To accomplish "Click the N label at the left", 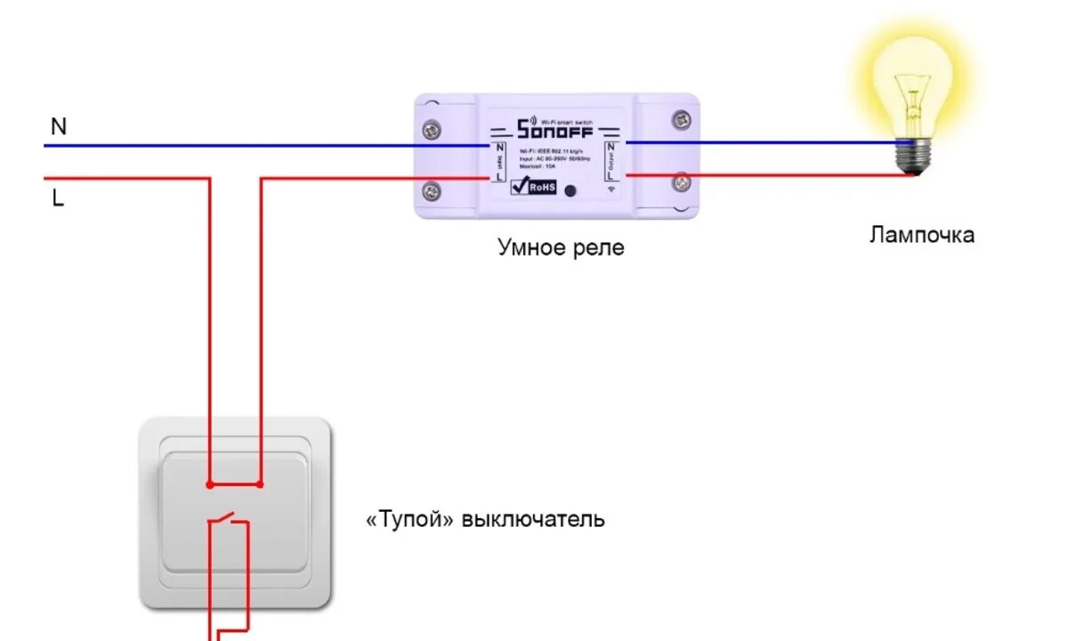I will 59,127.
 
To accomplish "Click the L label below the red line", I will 58,199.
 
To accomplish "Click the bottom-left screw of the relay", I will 433,190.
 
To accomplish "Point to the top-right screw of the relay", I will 682,118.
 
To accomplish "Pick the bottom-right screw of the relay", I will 682,183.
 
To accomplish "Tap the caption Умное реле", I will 561,247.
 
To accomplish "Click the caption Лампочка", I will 921,235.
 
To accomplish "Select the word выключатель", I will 533,519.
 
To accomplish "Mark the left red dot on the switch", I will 210,485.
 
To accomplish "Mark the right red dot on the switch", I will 260,485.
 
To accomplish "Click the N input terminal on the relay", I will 499,146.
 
